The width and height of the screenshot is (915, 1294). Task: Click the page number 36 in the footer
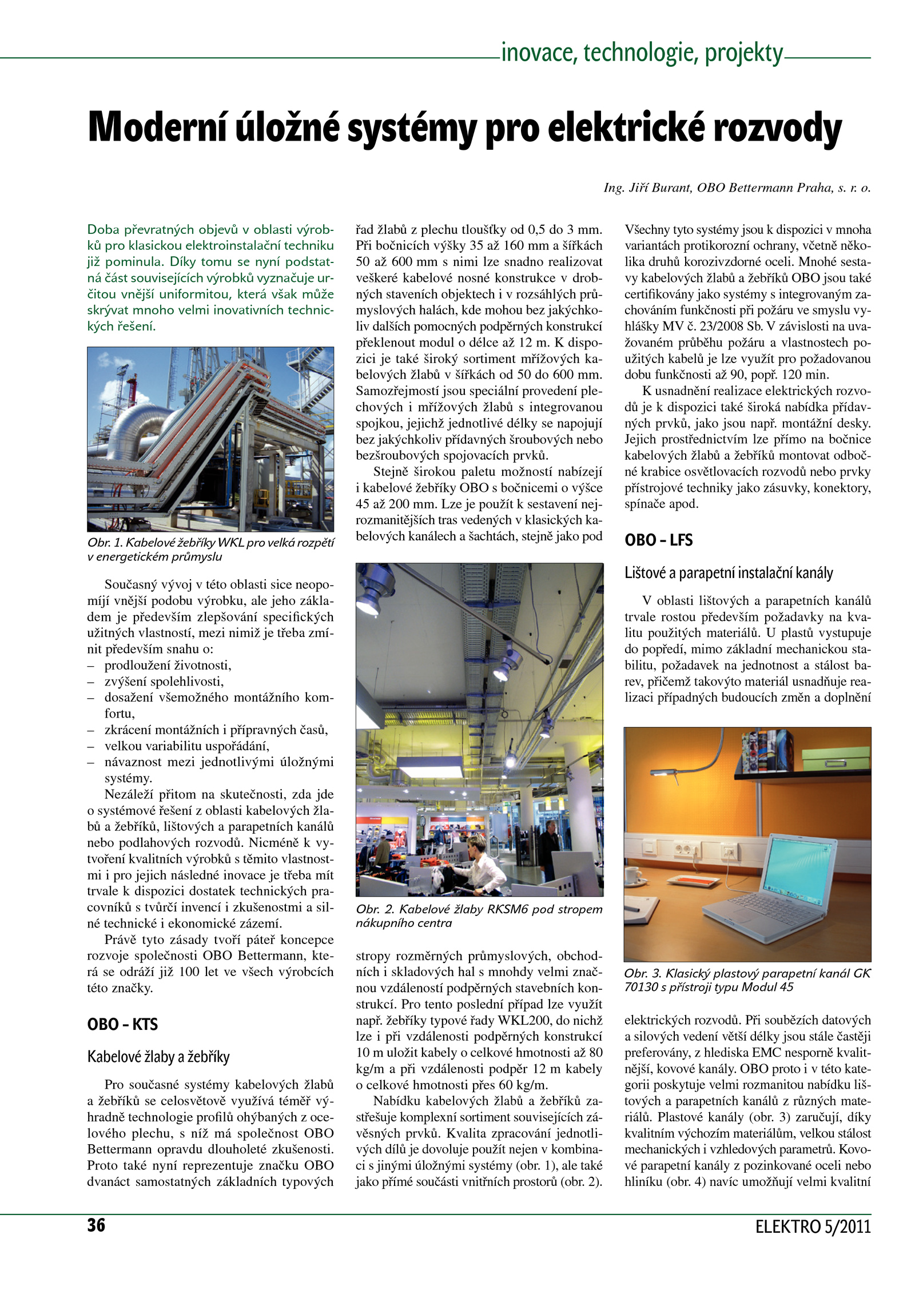96,1225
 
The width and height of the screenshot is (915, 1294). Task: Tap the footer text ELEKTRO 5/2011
813,1227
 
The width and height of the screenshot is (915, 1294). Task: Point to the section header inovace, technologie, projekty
642,53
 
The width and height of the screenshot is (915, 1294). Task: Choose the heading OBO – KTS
122,1024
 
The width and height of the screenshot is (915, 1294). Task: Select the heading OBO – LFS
658,540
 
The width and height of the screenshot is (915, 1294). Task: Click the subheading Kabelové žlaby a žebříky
158,1057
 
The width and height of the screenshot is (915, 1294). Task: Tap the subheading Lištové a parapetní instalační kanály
729,573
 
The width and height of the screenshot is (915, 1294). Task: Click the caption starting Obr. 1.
210,550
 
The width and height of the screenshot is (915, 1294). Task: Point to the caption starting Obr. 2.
479,916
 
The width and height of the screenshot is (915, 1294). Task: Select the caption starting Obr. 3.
747,980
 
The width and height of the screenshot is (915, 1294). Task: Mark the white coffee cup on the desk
633,875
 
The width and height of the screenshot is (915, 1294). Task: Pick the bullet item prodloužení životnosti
168,666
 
